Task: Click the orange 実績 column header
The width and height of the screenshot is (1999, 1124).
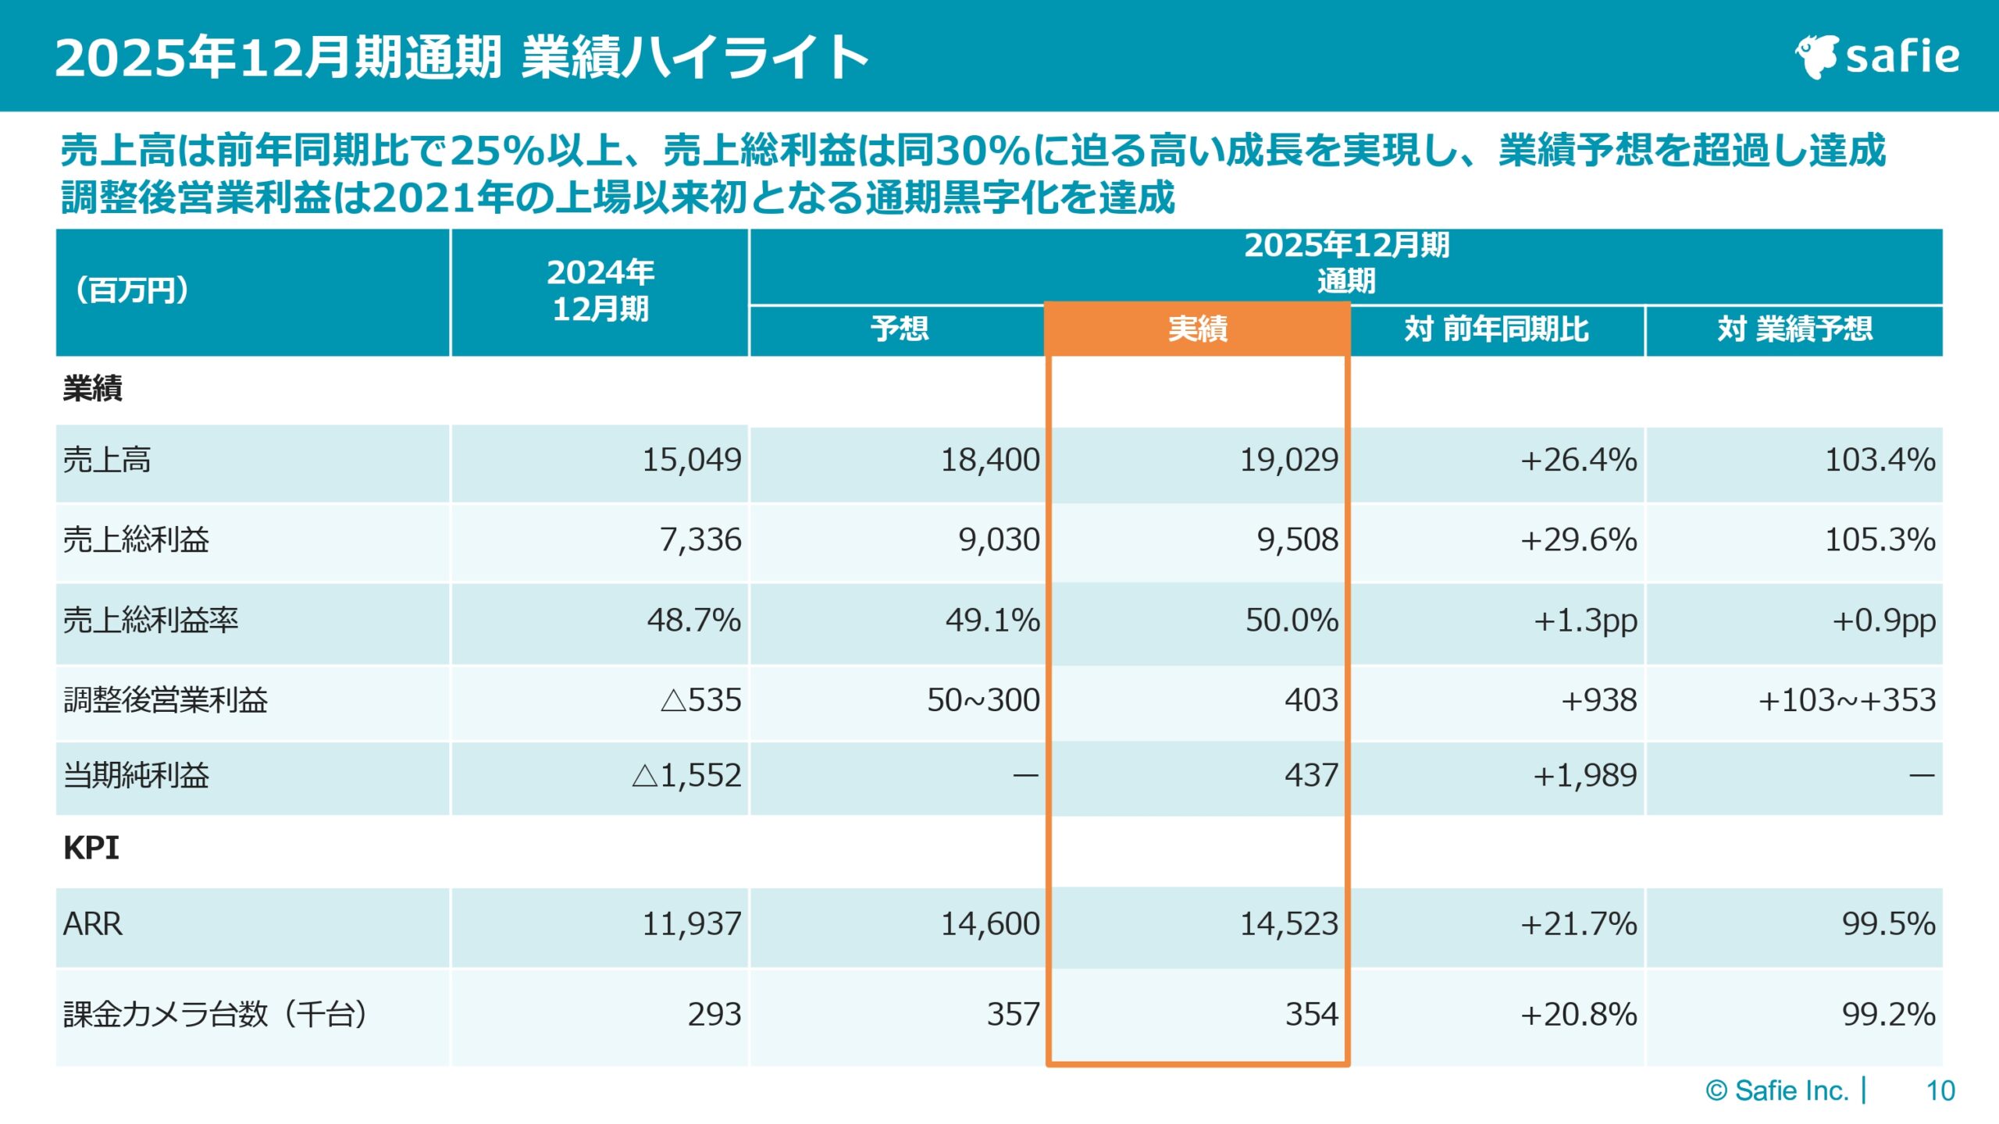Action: pos(1197,329)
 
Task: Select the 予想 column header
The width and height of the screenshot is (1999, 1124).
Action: pos(899,329)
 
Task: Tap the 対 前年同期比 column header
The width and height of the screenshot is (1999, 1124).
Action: pos(1496,329)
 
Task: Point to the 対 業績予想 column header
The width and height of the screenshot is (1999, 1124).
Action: pos(1794,329)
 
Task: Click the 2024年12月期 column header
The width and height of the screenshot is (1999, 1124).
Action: pos(600,290)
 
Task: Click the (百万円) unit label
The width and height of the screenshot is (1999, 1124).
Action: pos(132,290)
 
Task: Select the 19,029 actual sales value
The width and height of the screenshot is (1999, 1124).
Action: pos(1288,460)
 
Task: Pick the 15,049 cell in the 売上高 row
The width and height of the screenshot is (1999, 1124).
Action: pos(691,460)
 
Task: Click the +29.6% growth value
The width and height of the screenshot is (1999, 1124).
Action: pos(1577,539)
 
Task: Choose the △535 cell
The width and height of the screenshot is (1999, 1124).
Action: pos(700,700)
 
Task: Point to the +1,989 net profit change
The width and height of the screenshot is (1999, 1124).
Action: pos(1584,775)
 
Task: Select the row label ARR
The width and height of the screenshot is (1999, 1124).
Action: pos(93,924)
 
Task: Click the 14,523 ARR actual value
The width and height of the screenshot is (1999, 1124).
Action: pos(1288,924)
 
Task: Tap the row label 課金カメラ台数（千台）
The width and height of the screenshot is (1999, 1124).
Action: pos(216,1015)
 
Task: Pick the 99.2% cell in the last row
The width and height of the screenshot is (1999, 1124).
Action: pos(1887,1015)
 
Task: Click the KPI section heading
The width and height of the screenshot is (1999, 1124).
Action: pos(91,848)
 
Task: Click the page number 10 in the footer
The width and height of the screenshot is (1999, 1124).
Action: pos(1940,1090)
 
